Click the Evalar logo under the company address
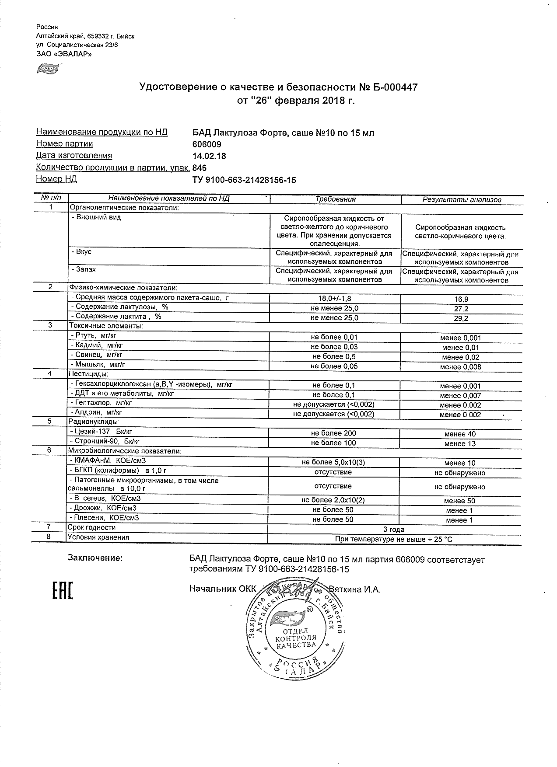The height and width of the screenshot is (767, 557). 47,68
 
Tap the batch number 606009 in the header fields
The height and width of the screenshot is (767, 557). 207,144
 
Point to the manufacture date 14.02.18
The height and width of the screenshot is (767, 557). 209,156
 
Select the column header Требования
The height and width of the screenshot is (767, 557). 336,199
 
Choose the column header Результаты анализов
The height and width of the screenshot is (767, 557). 462,199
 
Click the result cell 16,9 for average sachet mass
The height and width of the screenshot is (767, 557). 461,300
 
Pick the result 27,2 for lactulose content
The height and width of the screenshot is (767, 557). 461,309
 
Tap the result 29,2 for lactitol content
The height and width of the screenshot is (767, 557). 461,319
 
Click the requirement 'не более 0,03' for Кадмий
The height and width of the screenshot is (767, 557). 334,347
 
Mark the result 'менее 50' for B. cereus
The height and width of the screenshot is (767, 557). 459,501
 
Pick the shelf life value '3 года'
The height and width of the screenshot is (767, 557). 393,530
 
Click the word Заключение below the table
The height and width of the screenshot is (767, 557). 95,558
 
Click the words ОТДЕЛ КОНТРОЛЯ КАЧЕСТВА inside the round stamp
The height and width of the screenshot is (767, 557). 295,638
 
